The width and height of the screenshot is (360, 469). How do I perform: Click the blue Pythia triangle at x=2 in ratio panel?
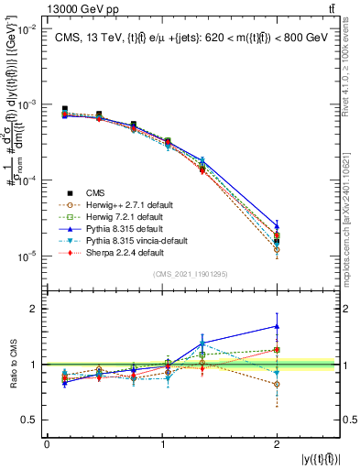click(278, 326)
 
